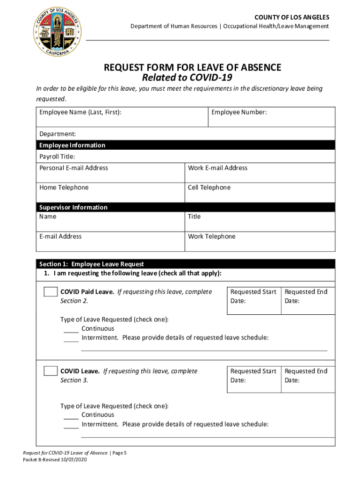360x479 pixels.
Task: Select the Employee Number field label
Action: coord(239,112)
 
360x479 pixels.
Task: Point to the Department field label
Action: coord(58,134)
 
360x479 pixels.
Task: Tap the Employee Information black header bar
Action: coord(185,145)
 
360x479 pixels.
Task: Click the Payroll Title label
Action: coord(57,156)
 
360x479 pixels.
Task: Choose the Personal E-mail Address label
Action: coord(73,168)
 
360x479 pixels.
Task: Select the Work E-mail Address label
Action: coord(217,168)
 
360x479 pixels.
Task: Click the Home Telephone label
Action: coord(64,188)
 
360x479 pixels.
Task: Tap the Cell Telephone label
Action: coord(209,188)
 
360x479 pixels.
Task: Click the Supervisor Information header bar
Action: coord(185,207)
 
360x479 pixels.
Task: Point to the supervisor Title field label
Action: coord(194,217)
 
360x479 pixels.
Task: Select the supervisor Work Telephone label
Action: coord(211,237)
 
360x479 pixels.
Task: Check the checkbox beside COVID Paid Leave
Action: coord(50,292)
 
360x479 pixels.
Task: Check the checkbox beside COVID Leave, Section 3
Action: coord(50,371)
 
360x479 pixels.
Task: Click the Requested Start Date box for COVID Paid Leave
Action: coord(253,300)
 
